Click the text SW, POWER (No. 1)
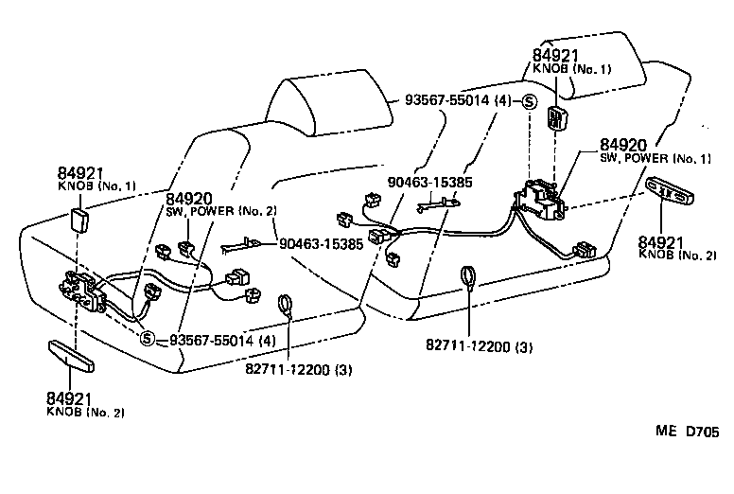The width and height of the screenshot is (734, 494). pyautogui.click(x=650, y=159)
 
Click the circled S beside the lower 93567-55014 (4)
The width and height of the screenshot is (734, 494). pyautogui.click(x=148, y=340)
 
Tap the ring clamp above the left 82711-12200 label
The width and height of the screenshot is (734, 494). pyautogui.click(x=284, y=306)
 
